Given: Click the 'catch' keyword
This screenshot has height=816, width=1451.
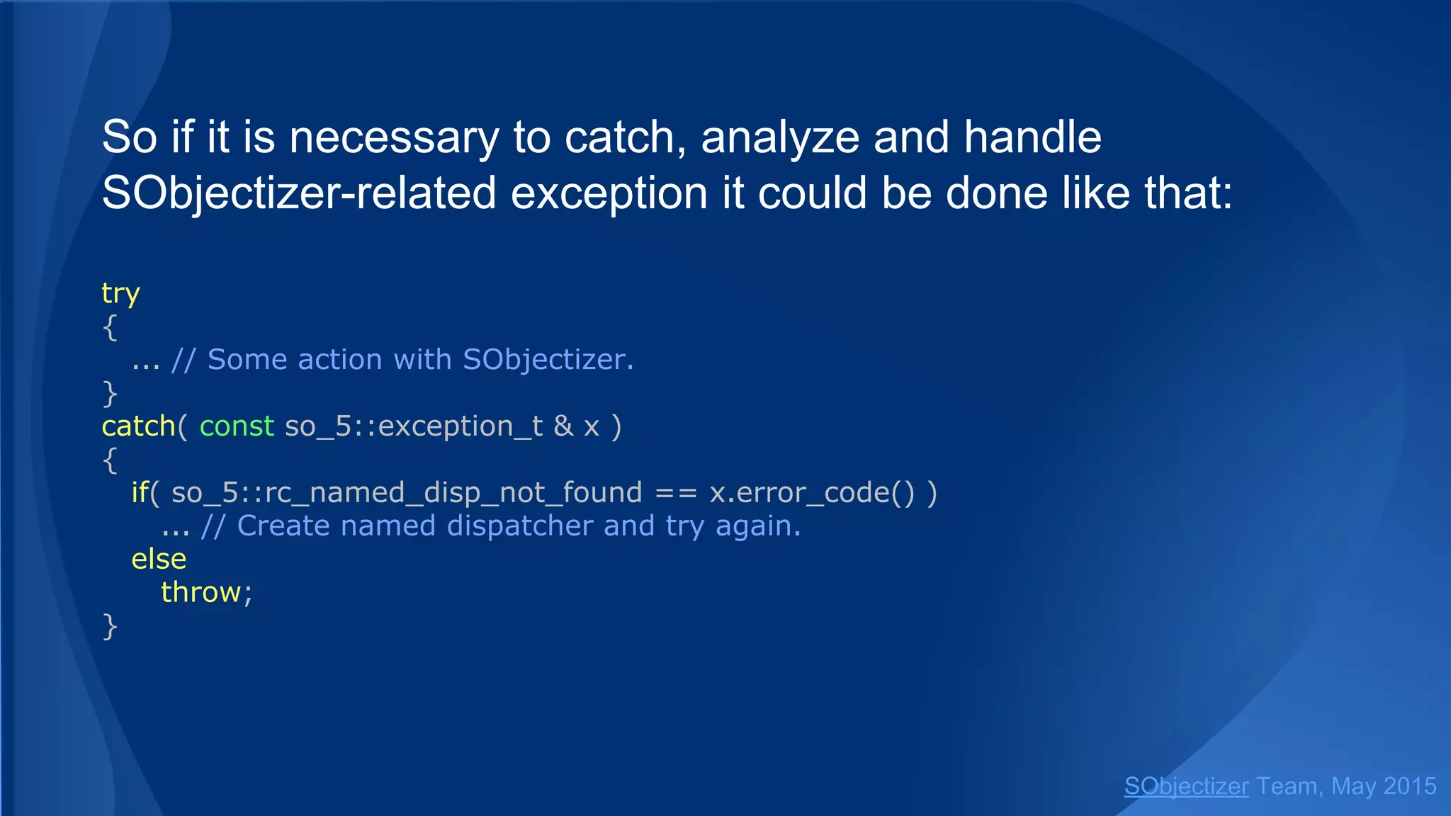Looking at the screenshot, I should coord(138,426).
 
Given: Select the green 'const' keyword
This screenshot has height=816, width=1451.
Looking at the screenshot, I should coord(237,426).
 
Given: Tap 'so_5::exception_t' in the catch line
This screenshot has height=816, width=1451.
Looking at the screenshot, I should coord(414,426).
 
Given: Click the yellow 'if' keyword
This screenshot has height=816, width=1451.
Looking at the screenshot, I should coord(140,492).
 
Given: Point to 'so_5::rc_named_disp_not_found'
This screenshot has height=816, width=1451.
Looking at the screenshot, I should coord(407,492).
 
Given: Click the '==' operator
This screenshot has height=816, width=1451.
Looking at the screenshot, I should coord(676,492).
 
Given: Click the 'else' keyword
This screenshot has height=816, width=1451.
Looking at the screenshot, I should coord(159,559).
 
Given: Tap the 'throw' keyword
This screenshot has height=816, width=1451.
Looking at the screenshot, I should coord(201,592).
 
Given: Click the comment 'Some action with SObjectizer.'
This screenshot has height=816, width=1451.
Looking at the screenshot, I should coord(420,360).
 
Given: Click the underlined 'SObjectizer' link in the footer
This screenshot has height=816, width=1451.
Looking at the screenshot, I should coord(1186,786).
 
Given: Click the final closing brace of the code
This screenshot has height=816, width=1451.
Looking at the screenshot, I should coord(110,626).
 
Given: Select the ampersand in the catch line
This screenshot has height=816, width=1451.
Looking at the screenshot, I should coord(563,426).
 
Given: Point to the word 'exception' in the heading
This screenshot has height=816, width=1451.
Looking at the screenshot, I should coord(609,193).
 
